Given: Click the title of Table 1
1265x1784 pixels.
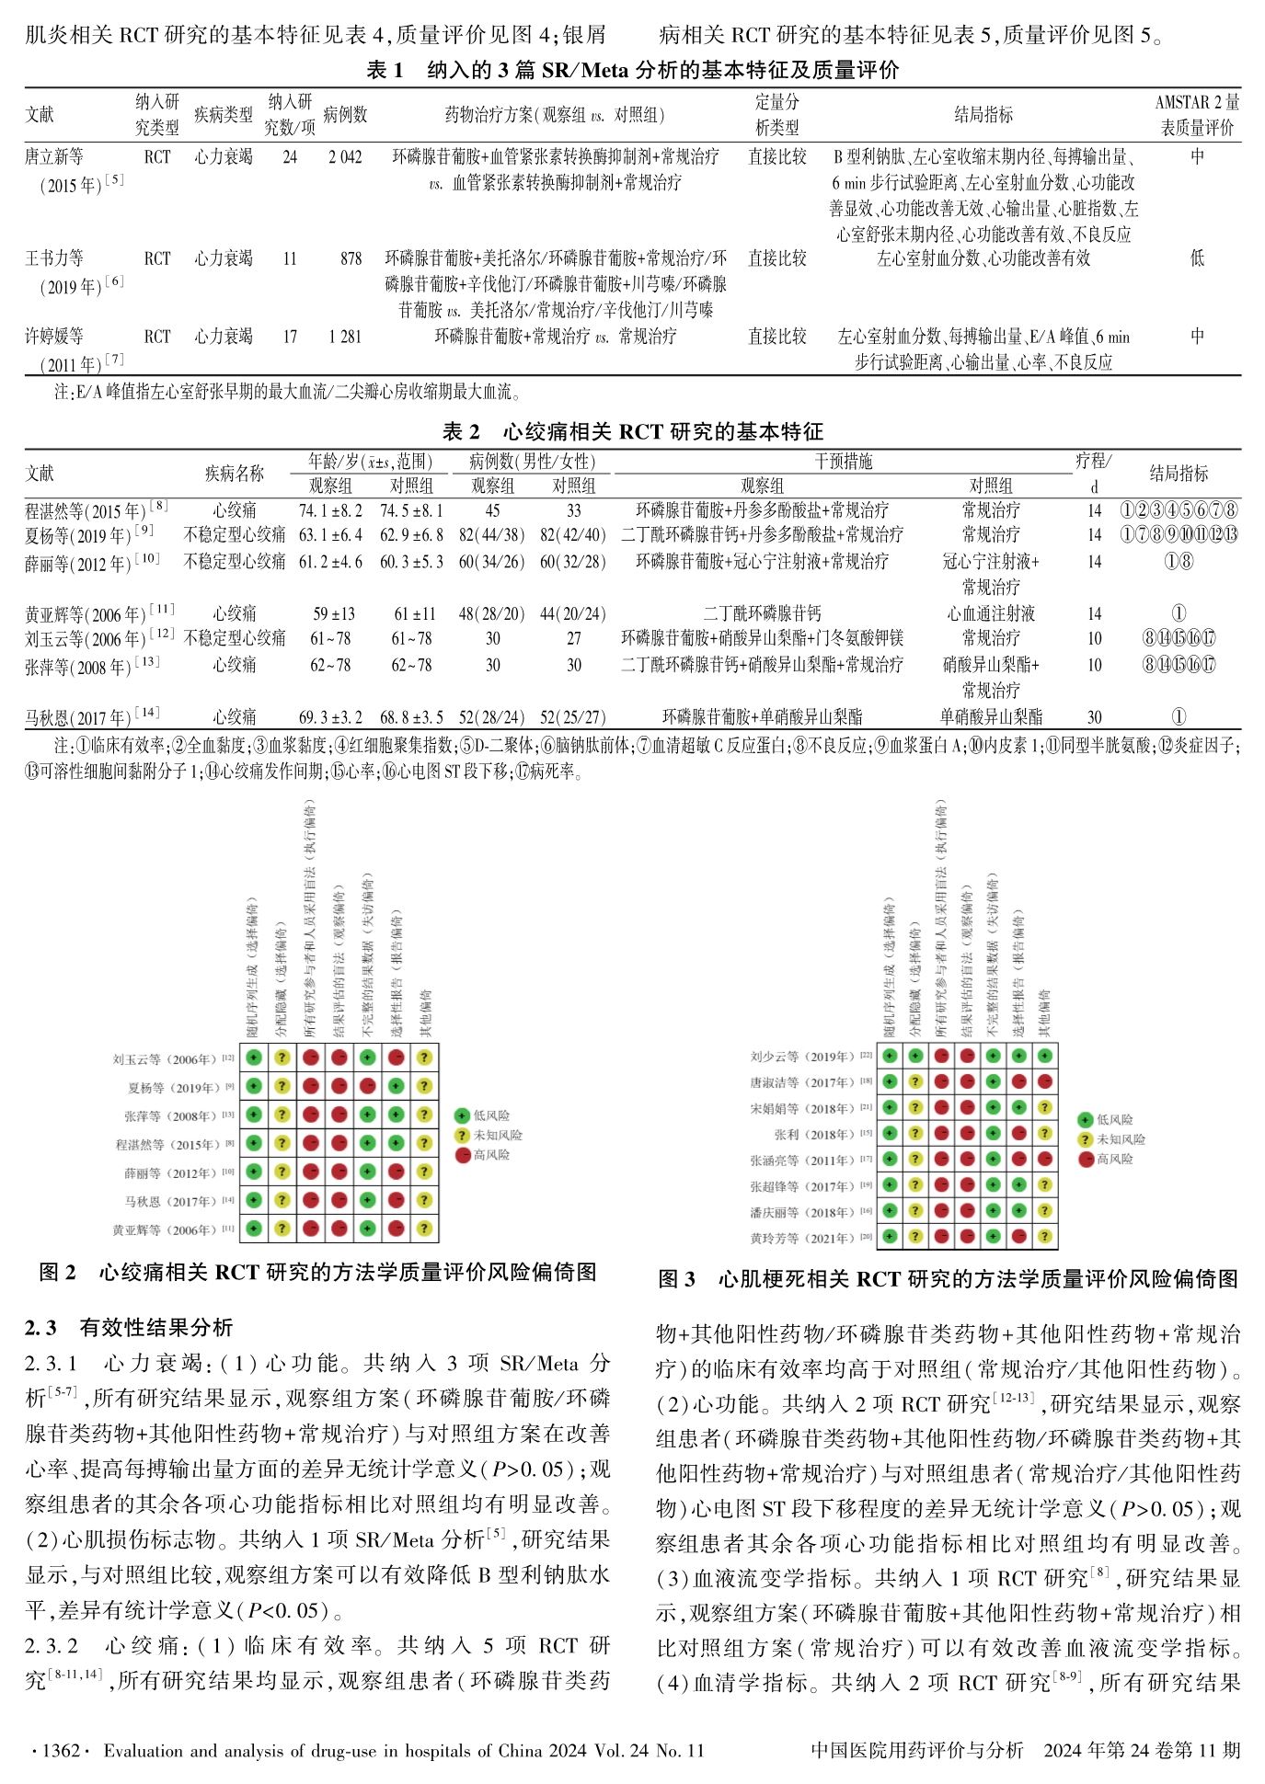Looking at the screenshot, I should click(x=632, y=70).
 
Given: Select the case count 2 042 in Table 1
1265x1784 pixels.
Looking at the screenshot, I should click(x=345, y=157).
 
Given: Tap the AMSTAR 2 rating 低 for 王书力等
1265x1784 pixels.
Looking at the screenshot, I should click(x=1196, y=258).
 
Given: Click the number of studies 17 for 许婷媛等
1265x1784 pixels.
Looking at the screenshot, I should click(x=290, y=337).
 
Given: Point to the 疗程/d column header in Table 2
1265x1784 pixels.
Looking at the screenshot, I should click(x=1093, y=472).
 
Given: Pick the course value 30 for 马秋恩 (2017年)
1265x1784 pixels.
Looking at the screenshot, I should click(x=1094, y=717).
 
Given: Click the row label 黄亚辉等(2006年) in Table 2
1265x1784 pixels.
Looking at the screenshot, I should click(x=98, y=613).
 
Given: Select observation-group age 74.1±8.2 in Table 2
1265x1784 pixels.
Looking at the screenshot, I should click(x=330, y=510).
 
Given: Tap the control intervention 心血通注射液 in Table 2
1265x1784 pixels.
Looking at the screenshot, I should click(x=991, y=613).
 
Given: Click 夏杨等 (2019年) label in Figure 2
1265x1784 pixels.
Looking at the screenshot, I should click(x=173, y=1088).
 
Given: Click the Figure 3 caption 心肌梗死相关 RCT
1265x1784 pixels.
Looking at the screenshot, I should click(x=948, y=1278).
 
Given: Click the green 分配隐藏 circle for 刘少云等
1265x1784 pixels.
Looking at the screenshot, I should click(x=915, y=1057).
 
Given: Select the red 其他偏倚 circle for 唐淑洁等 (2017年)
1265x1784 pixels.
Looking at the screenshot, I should click(x=1044, y=1082).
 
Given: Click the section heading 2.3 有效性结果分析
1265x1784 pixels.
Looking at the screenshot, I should click(x=129, y=1327).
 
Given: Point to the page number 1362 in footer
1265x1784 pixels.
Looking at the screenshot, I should click(x=58, y=1750).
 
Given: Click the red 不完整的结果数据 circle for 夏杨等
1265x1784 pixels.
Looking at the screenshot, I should click(x=367, y=1087).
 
